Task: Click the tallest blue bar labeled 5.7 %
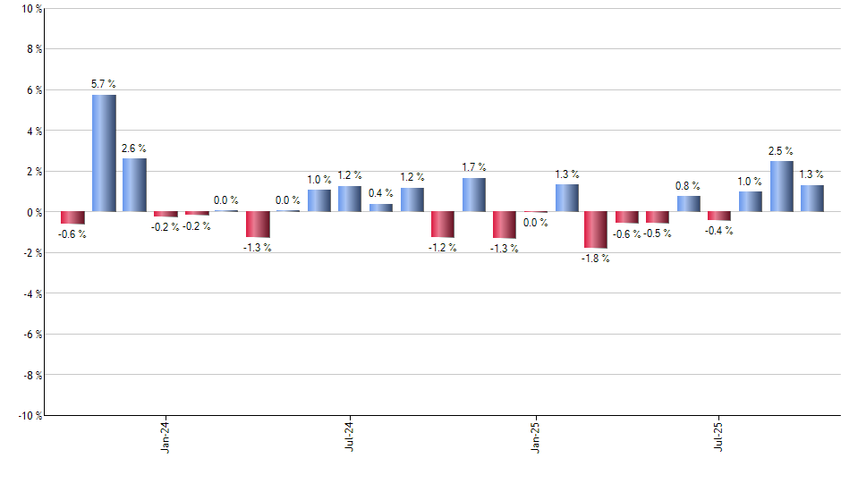(104, 153)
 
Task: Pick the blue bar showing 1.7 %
(473, 195)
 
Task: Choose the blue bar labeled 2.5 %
(781, 186)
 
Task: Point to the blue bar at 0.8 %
(688, 204)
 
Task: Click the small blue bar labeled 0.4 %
(381, 208)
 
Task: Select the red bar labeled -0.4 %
(719, 216)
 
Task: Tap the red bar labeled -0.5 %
(658, 217)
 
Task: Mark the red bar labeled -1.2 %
(442, 225)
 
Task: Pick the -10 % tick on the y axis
(29, 415)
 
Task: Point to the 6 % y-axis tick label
(33, 90)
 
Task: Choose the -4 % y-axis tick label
(31, 293)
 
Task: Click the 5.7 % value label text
(104, 84)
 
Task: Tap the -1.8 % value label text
(596, 259)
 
